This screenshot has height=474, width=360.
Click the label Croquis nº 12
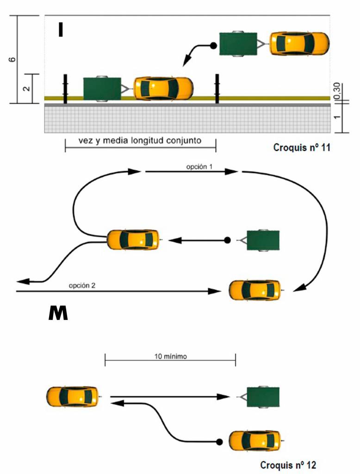point(288,464)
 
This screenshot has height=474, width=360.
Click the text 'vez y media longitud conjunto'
point(141,141)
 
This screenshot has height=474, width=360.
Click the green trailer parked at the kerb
point(102,88)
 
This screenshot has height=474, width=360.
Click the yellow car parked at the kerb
point(163,88)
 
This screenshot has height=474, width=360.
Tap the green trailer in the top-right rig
point(238,44)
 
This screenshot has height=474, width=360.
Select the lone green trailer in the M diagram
point(263,240)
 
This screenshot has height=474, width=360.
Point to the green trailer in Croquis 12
point(263,397)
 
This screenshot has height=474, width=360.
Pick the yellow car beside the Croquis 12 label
point(254,441)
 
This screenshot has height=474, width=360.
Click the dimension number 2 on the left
point(27,87)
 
